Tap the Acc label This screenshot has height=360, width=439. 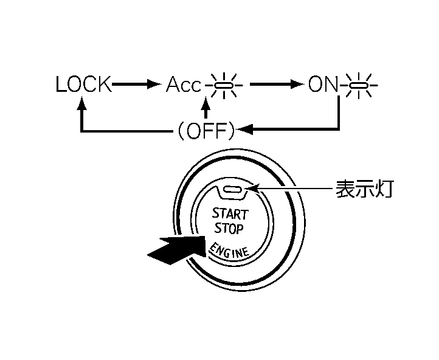coord(183,85)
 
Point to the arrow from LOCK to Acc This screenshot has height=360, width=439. coord(137,85)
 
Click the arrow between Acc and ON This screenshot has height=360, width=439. coord(277,85)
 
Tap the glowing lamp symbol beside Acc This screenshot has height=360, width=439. coord(224,86)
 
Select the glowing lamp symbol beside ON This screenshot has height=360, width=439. coord(359,86)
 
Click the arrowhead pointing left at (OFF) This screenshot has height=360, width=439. coord(244,130)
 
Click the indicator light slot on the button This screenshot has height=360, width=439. coord(233,190)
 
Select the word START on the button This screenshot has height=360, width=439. coord(229,213)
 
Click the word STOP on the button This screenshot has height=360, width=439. coord(229,229)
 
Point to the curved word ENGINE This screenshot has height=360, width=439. coord(229,249)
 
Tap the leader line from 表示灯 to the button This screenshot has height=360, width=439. coord(292,189)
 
